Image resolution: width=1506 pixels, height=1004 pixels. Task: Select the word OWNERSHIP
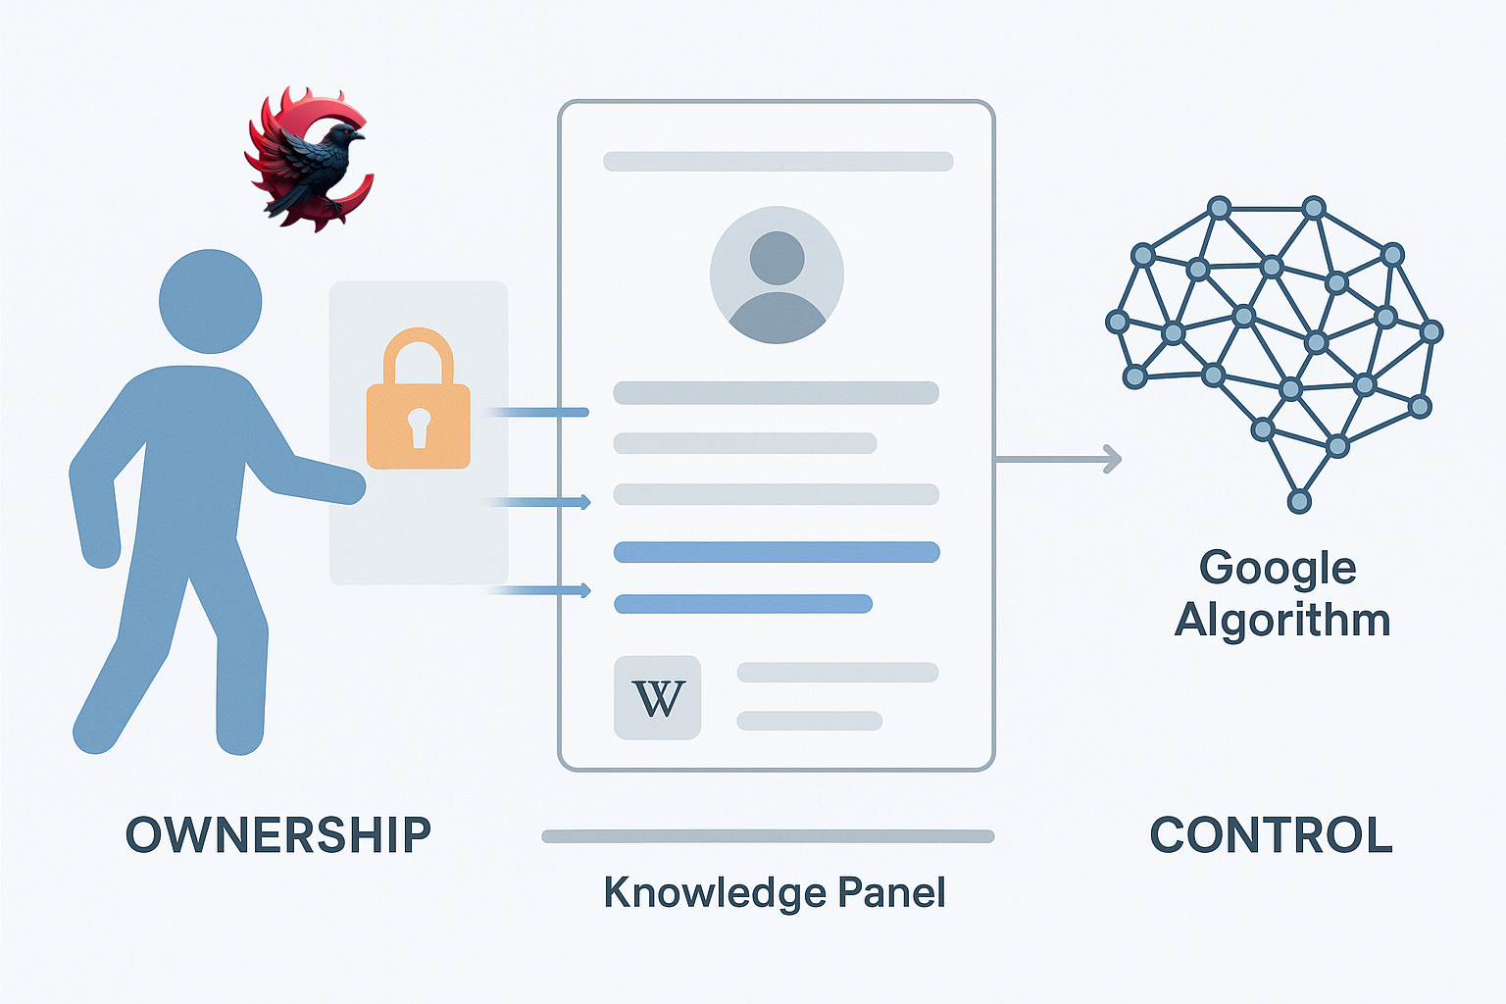pyautogui.click(x=278, y=835)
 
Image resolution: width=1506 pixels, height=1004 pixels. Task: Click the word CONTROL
pyautogui.click(x=1271, y=835)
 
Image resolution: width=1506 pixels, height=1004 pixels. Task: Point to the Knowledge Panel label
pyautogui.click(x=775, y=892)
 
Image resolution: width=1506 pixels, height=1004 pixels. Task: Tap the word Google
pyautogui.click(x=1278, y=568)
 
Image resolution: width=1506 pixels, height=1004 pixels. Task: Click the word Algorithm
pyautogui.click(x=1282, y=621)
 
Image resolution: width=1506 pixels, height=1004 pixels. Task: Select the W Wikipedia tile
pyautogui.click(x=657, y=697)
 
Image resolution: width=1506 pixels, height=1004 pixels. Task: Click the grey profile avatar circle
pyautogui.click(x=777, y=275)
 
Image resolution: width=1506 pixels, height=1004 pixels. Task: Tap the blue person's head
pyautogui.click(x=210, y=301)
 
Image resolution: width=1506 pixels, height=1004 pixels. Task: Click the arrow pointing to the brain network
pyautogui.click(x=1059, y=459)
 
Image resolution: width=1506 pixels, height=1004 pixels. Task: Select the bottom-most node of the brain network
pyautogui.click(x=1299, y=502)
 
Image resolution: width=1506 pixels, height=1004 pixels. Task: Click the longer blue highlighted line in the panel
pyautogui.click(x=777, y=552)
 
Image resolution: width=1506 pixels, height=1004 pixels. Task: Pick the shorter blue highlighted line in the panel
pyautogui.click(x=743, y=604)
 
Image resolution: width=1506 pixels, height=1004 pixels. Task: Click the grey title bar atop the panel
pyautogui.click(x=778, y=162)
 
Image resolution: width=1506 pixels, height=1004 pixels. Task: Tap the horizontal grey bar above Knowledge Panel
pyautogui.click(x=768, y=836)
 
